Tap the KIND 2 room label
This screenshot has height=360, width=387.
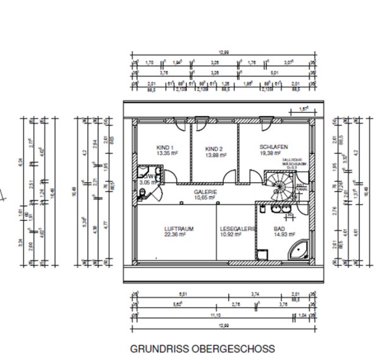click(215, 148)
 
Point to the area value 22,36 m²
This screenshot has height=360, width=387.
click(175, 234)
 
